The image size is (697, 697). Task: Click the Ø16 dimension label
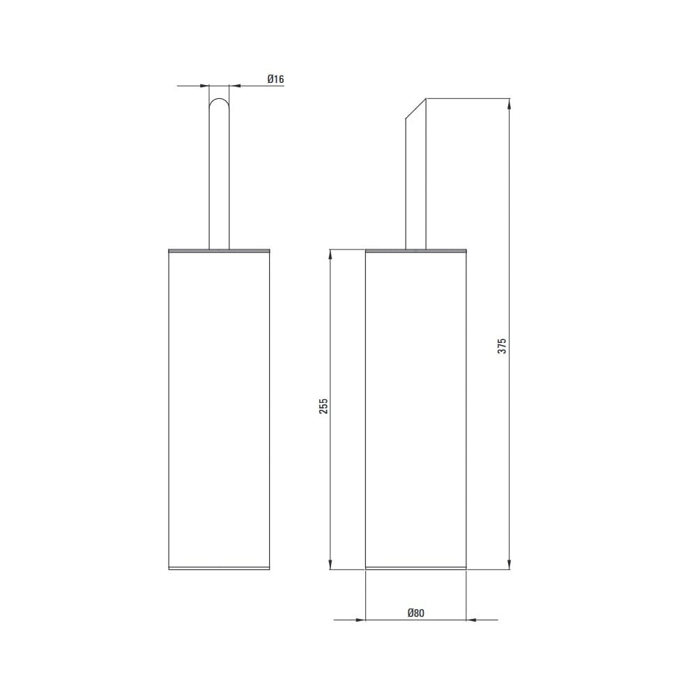275,79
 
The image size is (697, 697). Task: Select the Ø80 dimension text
416,613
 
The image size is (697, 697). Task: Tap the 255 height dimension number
323,406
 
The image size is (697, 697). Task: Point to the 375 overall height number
502,346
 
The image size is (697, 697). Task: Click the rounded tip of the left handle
219,100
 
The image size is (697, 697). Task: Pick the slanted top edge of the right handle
416,109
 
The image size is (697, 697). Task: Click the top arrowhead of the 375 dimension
509,104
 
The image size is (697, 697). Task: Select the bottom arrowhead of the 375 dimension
509,564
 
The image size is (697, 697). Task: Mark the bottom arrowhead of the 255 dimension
330,564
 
